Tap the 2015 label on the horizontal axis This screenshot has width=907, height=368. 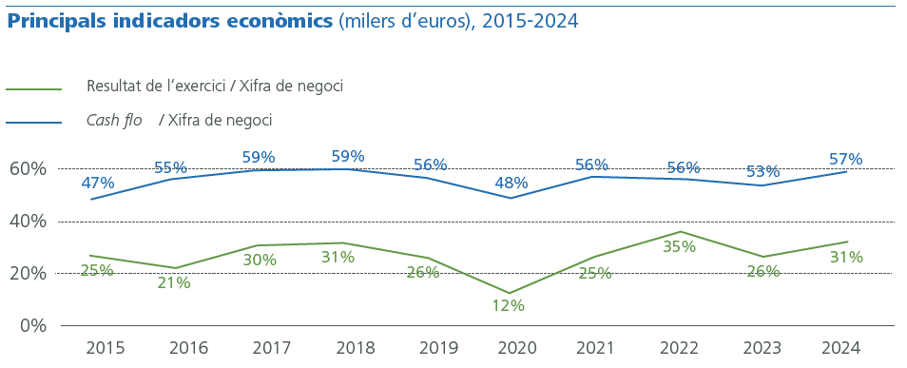pyautogui.click(x=105, y=347)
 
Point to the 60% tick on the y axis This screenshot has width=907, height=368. pyautogui.click(x=28, y=169)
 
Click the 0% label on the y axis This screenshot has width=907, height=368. pyautogui.click(x=32, y=325)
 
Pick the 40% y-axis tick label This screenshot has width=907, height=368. pyautogui.click(x=28, y=222)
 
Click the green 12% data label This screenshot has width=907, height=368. pyautogui.click(x=509, y=306)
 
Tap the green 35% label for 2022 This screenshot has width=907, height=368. pyautogui.click(x=679, y=246)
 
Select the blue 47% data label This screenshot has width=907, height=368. pyautogui.click(x=98, y=183)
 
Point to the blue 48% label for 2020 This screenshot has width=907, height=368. pyautogui.click(x=511, y=183)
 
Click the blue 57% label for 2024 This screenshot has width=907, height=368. pyautogui.click(x=845, y=160)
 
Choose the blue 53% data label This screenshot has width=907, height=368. pyautogui.click(x=762, y=172)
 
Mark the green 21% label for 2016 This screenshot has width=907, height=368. pyautogui.click(x=174, y=282)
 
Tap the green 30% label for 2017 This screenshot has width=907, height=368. pyautogui.click(x=260, y=260)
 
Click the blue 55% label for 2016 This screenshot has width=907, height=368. pyautogui.click(x=171, y=168)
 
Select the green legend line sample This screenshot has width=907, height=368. pyautogui.click(x=33, y=90)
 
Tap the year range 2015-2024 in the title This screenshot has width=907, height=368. pyautogui.click(x=530, y=21)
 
